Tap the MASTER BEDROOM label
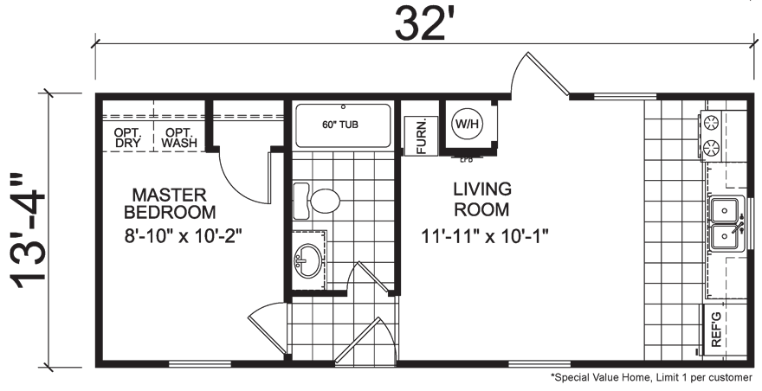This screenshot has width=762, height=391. pyautogui.click(x=169, y=202)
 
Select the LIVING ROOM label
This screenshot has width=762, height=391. pyautogui.click(x=482, y=198)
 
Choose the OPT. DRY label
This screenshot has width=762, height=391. pyautogui.click(x=129, y=138)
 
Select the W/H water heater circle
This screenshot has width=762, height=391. pyautogui.click(x=468, y=124)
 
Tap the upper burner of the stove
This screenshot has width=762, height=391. pyautogui.click(x=714, y=122)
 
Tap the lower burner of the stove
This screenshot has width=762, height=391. pyautogui.click(x=714, y=146)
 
